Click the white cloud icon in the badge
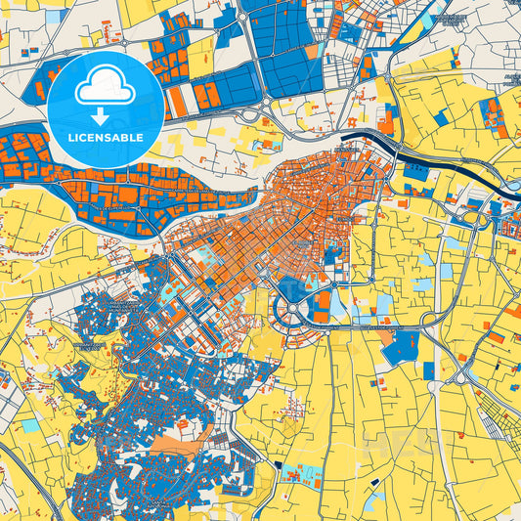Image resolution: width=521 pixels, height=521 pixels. (x=105, y=86)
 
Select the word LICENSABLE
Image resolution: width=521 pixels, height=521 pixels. (x=105, y=138)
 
